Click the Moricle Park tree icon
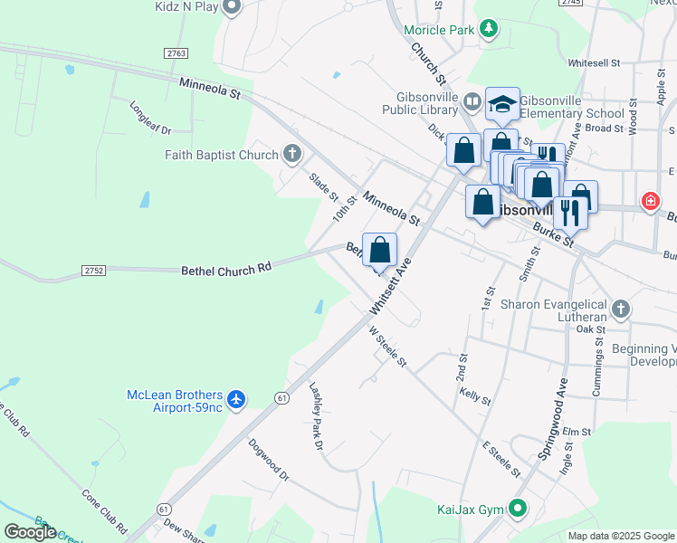(489, 30)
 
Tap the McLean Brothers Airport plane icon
(236, 399)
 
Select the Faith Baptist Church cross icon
(291, 155)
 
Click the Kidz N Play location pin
(232, 7)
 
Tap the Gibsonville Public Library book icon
(472, 101)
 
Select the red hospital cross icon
(650, 202)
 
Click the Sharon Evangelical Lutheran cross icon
(620, 310)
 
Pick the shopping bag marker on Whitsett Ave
(381, 250)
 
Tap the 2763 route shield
(176, 54)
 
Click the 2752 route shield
(93, 271)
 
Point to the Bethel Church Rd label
(226, 269)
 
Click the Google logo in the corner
(30, 532)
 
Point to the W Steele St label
(388, 347)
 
